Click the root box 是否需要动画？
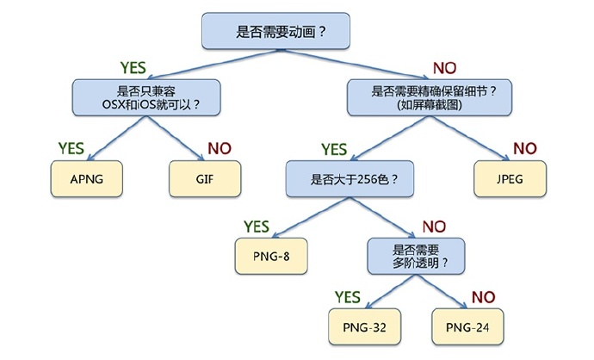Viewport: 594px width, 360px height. point(275,31)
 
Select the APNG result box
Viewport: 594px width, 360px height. point(87,179)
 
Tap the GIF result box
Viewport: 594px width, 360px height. point(205,179)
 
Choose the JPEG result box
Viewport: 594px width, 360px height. point(510,179)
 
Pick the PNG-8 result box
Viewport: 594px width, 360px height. point(271,256)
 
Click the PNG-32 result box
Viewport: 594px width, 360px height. point(364,326)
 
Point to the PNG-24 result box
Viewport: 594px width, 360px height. point(467,326)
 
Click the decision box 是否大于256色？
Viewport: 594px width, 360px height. point(350,179)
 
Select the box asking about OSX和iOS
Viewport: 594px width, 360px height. point(146,98)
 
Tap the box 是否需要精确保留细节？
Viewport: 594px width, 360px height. point(430,98)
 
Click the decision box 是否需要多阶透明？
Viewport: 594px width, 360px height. point(416,256)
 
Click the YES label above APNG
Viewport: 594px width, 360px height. point(71,148)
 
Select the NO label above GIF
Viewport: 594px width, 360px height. point(220,148)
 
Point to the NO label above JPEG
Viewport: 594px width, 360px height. point(525,148)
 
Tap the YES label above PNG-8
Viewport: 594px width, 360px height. point(257,227)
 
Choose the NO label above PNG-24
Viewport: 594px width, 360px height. point(484,297)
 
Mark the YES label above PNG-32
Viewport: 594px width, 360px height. point(348,297)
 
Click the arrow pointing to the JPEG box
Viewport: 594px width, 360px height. point(470,139)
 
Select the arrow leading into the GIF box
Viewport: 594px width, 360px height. point(176,139)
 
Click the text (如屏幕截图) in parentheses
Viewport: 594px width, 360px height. point(430,104)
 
